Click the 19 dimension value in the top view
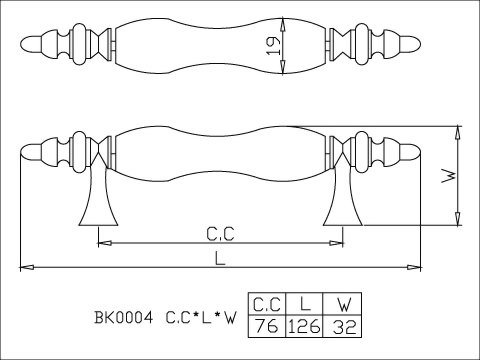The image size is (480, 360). tap(273, 46)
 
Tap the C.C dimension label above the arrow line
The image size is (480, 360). tap(220, 234)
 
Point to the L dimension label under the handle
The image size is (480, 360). tap(220, 258)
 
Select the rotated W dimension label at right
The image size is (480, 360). tap(449, 176)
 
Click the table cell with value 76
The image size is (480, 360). tap(267, 326)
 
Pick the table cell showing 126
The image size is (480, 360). tap(304, 326)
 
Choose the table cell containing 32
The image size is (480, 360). tap(342, 326)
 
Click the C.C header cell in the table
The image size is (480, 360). tap(267, 303)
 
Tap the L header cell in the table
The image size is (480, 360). tap(304, 303)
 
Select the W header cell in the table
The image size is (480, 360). tap(342, 303)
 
